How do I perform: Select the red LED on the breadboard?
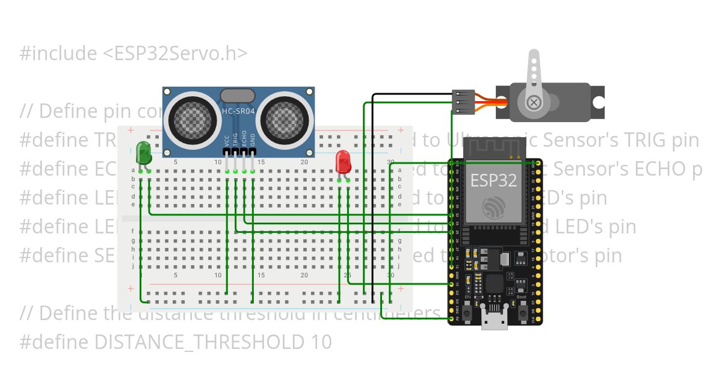[x=343, y=161]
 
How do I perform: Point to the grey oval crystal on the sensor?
[x=238, y=95]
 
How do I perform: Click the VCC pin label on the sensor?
[x=227, y=141]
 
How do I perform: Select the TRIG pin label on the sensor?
[x=235, y=140]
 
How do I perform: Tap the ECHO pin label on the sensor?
[x=244, y=139]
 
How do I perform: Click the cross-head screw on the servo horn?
[x=533, y=103]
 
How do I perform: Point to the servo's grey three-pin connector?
[x=463, y=102]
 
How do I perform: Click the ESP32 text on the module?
[x=493, y=180]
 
